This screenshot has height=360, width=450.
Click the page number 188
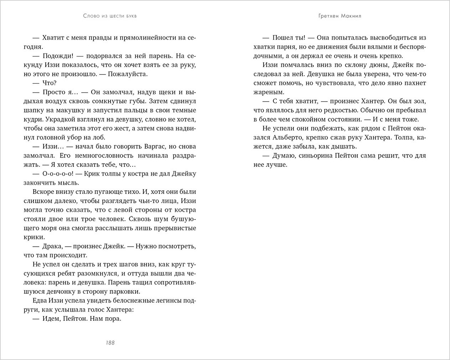pyautogui.click(x=110, y=343)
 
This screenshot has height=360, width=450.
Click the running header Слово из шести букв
pyautogui.click(x=110, y=16)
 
